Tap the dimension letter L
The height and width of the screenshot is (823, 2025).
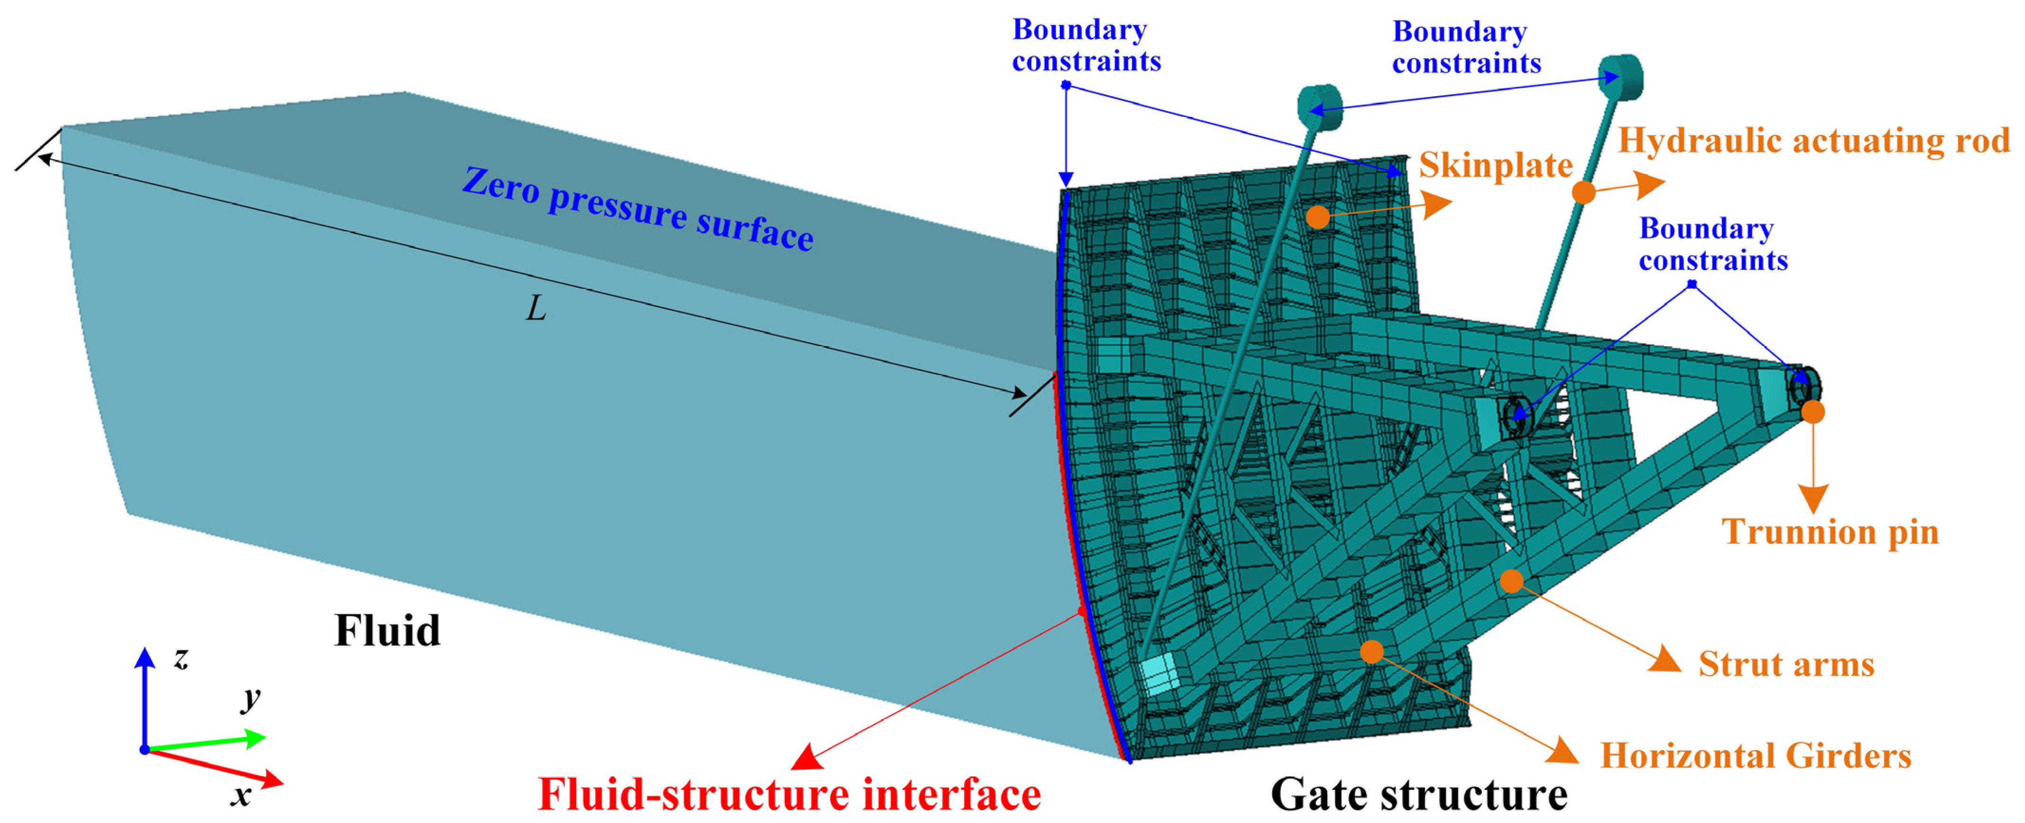pos(536,309)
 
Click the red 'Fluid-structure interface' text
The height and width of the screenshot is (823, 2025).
pos(789,795)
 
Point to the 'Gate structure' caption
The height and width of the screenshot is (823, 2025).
pos(1419,795)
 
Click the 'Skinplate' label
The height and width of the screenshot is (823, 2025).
pos(1495,166)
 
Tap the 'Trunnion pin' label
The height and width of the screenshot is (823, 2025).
pos(1830,532)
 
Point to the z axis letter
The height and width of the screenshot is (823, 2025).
pos(182,657)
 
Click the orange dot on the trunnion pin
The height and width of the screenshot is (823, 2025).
pos(1813,412)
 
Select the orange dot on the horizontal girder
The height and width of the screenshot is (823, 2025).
pos(1372,651)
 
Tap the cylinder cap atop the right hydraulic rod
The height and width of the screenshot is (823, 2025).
pos(1622,76)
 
